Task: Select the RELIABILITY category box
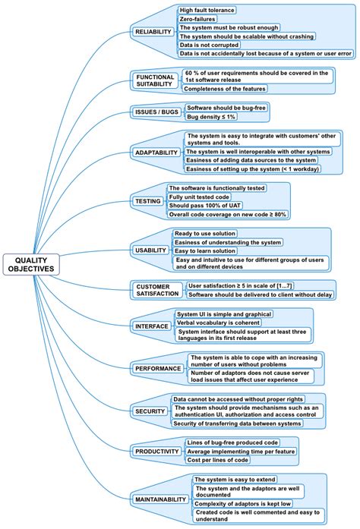pos(153,32)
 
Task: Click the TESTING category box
pos(147,201)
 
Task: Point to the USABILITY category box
pos(150,250)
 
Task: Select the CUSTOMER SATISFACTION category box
pos(157,290)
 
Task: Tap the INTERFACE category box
pos(152,326)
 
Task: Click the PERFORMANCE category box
pos(159,369)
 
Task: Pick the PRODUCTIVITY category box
pos(156,451)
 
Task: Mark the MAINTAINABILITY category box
pos(159,499)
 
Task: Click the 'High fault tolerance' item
pos(207,10)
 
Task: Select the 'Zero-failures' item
pos(196,18)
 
